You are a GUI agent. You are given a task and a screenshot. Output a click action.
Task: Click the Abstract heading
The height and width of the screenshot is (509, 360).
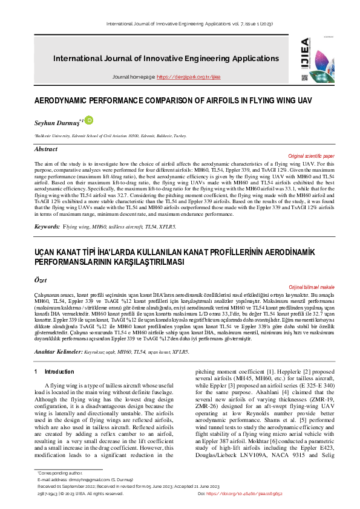coord(46,149)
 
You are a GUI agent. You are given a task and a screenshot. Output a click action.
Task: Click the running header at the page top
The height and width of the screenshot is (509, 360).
coord(180,24)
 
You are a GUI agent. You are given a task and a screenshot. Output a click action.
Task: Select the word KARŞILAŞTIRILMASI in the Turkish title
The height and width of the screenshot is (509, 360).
coord(140,261)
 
